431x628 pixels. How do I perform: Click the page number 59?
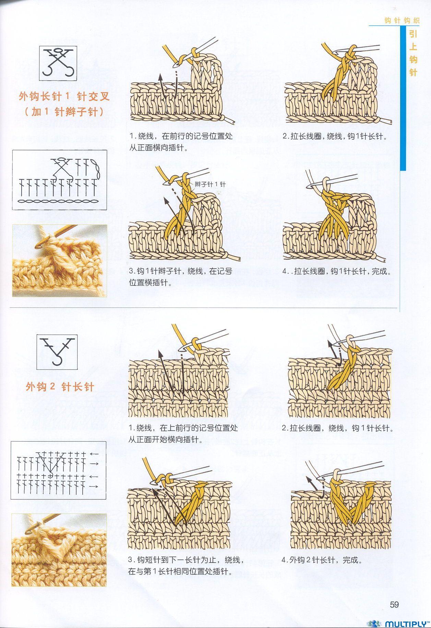394,604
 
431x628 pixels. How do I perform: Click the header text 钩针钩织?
402,21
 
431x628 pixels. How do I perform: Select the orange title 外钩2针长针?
60,387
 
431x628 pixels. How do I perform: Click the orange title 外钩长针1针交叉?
64,96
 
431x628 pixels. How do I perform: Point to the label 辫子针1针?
210,184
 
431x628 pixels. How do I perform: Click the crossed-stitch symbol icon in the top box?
58,63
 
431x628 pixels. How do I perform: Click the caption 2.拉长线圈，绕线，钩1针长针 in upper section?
335,136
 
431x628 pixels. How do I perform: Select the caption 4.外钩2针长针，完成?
322,560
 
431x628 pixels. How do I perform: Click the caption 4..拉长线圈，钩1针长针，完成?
337,271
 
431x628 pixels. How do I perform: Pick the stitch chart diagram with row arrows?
58,470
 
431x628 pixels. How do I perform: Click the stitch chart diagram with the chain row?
60,180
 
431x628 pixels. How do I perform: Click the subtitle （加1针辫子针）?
64,112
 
